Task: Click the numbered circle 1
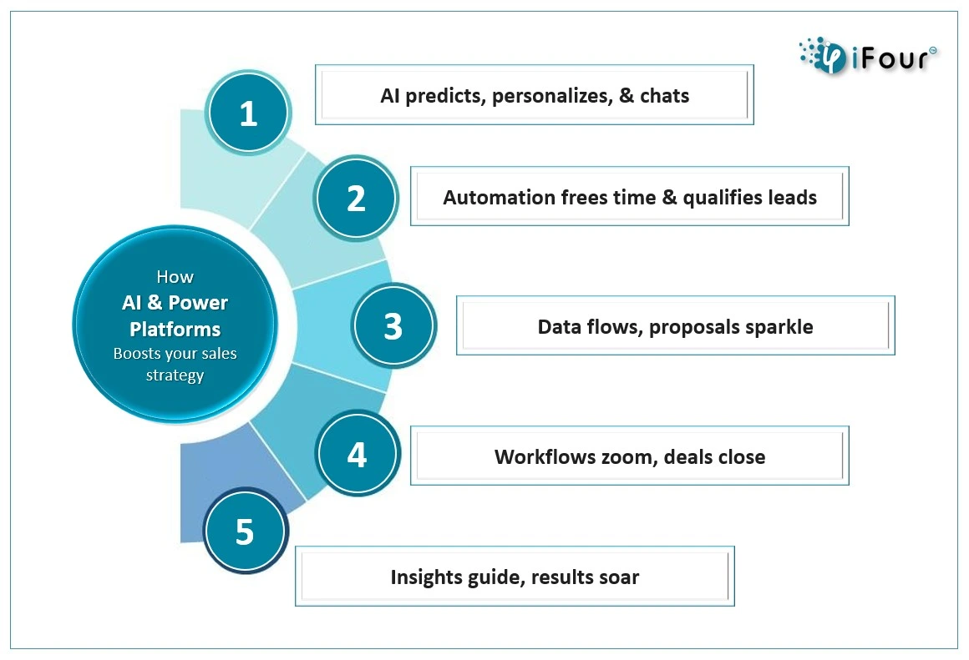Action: click(x=248, y=113)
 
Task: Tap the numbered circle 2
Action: click(x=355, y=198)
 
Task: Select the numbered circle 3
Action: click(x=393, y=325)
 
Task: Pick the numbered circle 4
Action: click(x=358, y=454)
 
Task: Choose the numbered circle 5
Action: click(x=246, y=531)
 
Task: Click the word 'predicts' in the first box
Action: click(x=444, y=96)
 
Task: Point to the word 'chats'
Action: click(x=664, y=96)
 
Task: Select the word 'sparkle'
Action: click(x=779, y=327)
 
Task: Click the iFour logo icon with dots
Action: click(x=823, y=56)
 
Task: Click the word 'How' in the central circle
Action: click(x=175, y=276)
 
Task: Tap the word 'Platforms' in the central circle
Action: click(x=175, y=329)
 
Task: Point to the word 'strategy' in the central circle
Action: click(x=175, y=375)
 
